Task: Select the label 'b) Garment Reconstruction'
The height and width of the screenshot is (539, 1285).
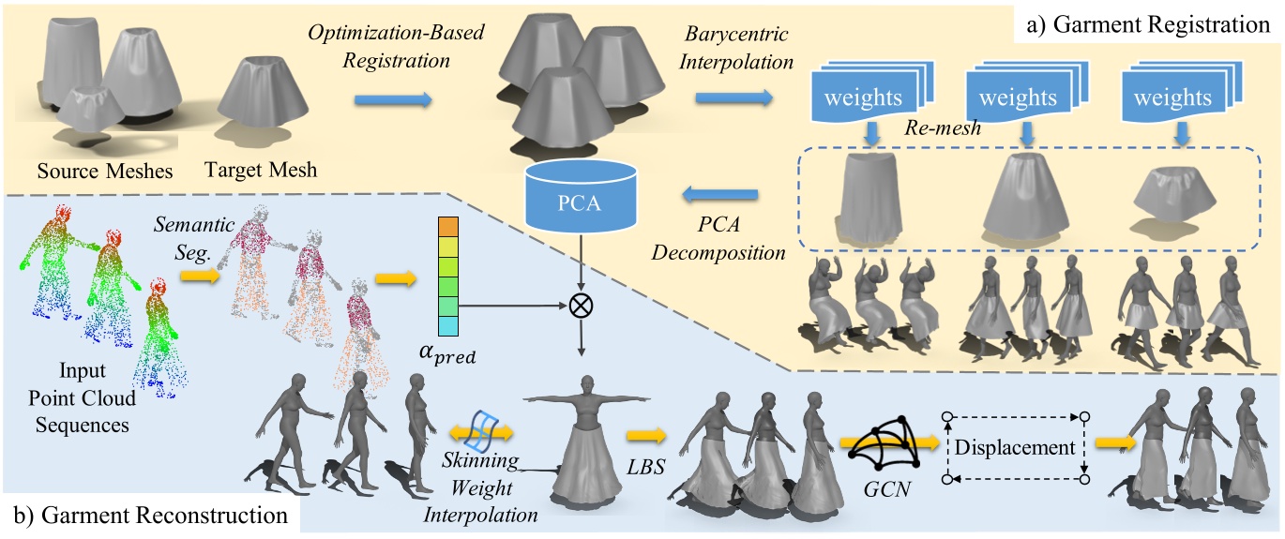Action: coord(150,515)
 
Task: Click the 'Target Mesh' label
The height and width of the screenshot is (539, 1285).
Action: coord(258,171)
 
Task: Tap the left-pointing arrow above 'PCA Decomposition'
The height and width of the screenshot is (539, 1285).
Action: coord(719,194)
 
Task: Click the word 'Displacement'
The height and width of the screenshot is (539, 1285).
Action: coord(1015,447)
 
